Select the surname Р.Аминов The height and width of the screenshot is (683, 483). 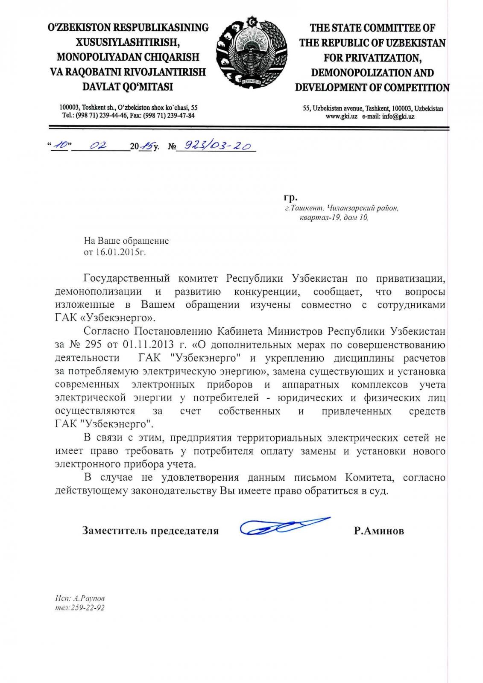pos(379,531)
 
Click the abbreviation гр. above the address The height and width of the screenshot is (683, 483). pos(290,197)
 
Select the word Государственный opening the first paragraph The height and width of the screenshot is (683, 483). pos(127,278)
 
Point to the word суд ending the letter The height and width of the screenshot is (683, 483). pos(378,490)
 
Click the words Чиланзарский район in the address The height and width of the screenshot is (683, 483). pos(363,208)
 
